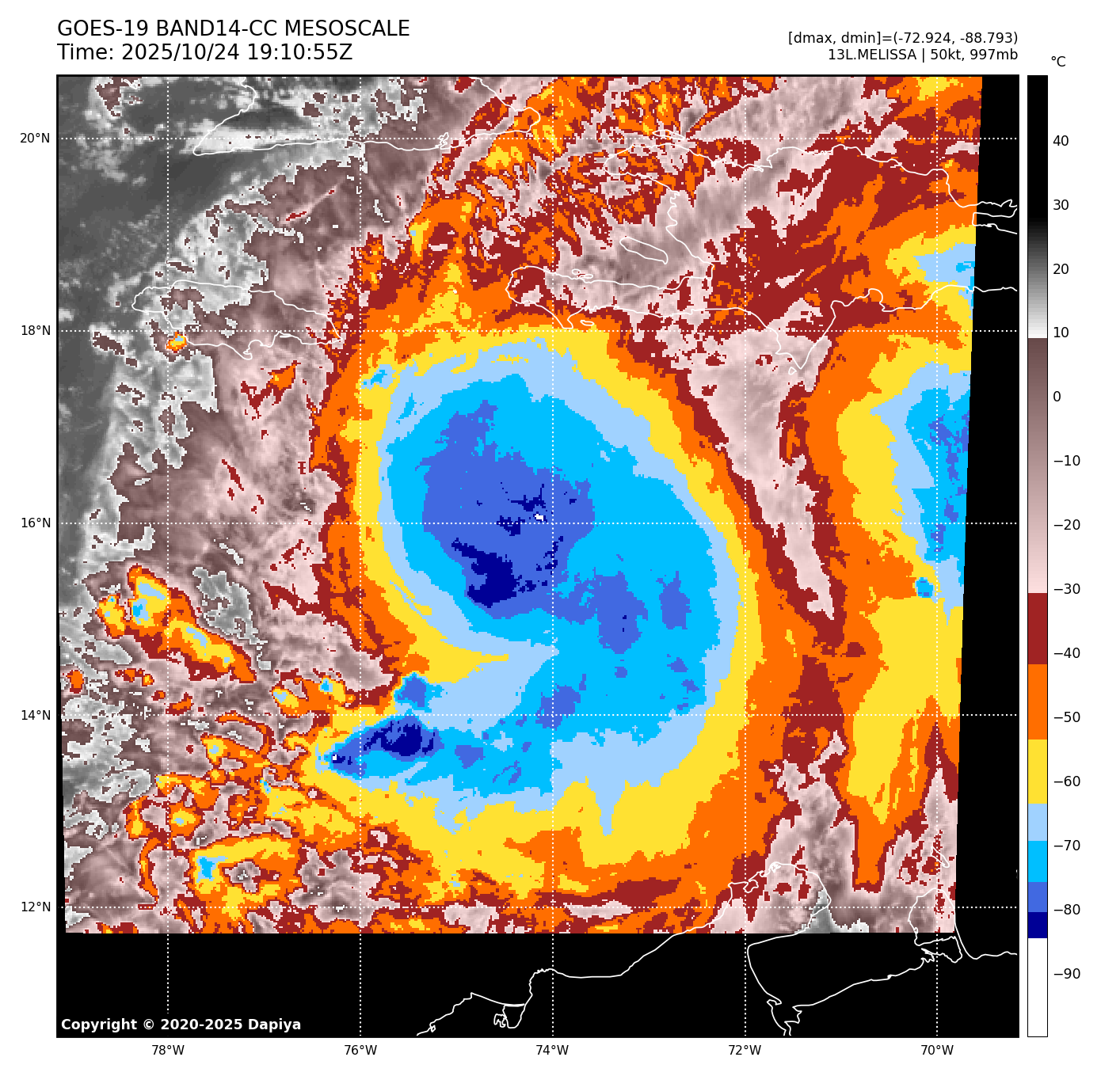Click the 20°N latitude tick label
click(x=35, y=139)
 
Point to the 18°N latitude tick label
click(x=35, y=331)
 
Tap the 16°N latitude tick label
click(x=35, y=523)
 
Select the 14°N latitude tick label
click(x=35, y=716)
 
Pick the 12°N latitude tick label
click(x=35, y=907)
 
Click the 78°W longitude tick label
click(x=168, y=1051)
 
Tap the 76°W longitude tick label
click(x=360, y=1051)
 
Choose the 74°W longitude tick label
click(x=553, y=1051)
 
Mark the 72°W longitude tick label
click(x=745, y=1051)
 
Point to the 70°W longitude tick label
click(x=937, y=1051)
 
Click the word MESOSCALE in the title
click(x=347, y=29)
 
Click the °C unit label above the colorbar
click(x=1058, y=62)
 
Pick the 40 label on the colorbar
click(x=1061, y=141)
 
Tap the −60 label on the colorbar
click(x=1067, y=781)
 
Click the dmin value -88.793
click(x=988, y=38)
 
